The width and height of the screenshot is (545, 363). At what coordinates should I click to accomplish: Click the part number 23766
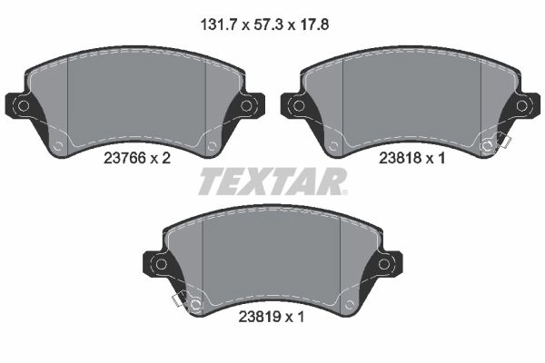point(124,159)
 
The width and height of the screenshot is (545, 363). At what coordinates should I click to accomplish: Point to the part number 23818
point(400,159)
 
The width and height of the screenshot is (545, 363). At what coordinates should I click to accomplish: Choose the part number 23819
point(259,317)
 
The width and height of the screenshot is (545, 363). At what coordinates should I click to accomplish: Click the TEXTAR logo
point(272,181)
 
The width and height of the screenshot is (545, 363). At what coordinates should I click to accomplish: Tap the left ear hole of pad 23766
point(24,105)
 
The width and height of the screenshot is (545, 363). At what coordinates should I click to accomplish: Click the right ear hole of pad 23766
point(246,105)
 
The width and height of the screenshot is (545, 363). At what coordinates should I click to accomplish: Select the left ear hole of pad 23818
point(299,105)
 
